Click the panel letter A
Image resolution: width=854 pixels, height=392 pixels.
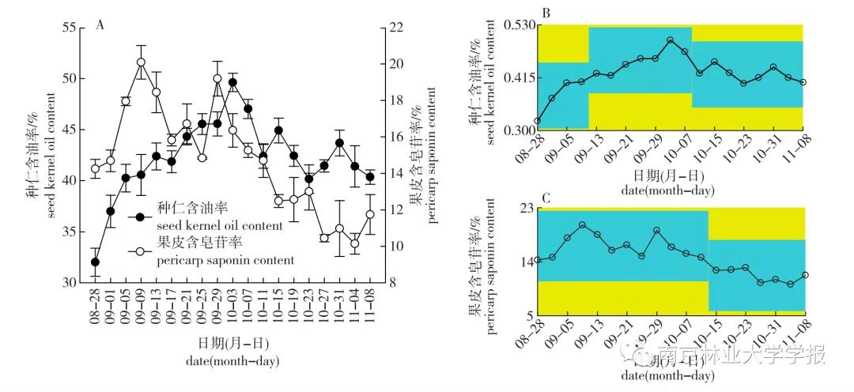tap(100, 24)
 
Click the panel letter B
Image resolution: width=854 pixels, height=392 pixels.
tap(545, 13)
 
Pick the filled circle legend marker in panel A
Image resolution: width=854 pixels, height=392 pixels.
tap(140, 217)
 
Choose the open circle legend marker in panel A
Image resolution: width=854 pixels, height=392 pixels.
tap(140, 251)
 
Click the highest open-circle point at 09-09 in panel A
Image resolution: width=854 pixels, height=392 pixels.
tap(141, 62)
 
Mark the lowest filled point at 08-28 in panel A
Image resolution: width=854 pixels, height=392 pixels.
tap(95, 262)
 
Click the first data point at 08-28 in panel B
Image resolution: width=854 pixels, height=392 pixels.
tap(538, 122)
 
